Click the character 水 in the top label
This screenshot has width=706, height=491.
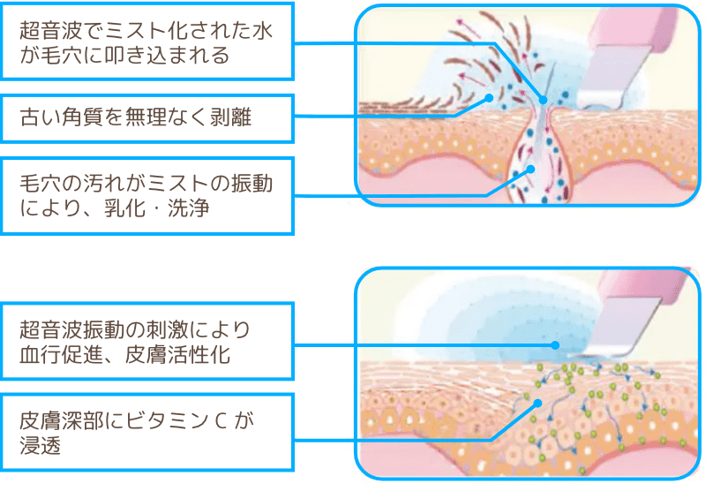262,30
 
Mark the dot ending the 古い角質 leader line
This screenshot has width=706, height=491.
491,98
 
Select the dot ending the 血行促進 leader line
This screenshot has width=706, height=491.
555,346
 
